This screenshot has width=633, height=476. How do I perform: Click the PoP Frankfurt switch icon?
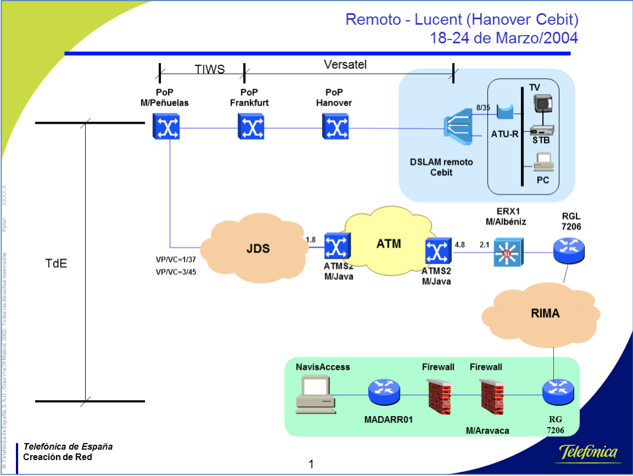(x=251, y=127)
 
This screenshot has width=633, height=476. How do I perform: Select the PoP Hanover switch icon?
(x=335, y=127)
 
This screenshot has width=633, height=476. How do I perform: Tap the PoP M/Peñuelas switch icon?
(x=167, y=127)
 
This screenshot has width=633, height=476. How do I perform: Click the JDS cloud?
(x=257, y=248)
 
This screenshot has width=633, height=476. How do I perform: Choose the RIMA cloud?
(x=545, y=314)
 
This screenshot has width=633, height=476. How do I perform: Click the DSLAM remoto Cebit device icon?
(x=457, y=129)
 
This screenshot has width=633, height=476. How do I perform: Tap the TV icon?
(x=543, y=103)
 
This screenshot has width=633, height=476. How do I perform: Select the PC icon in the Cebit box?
(x=543, y=161)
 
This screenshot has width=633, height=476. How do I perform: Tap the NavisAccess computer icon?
(x=314, y=394)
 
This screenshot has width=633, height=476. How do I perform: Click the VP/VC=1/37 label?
(x=176, y=259)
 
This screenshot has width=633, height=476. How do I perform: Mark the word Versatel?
(x=345, y=65)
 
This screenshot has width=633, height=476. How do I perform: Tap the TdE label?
(x=56, y=263)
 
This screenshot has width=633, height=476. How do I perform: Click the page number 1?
(x=312, y=464)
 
